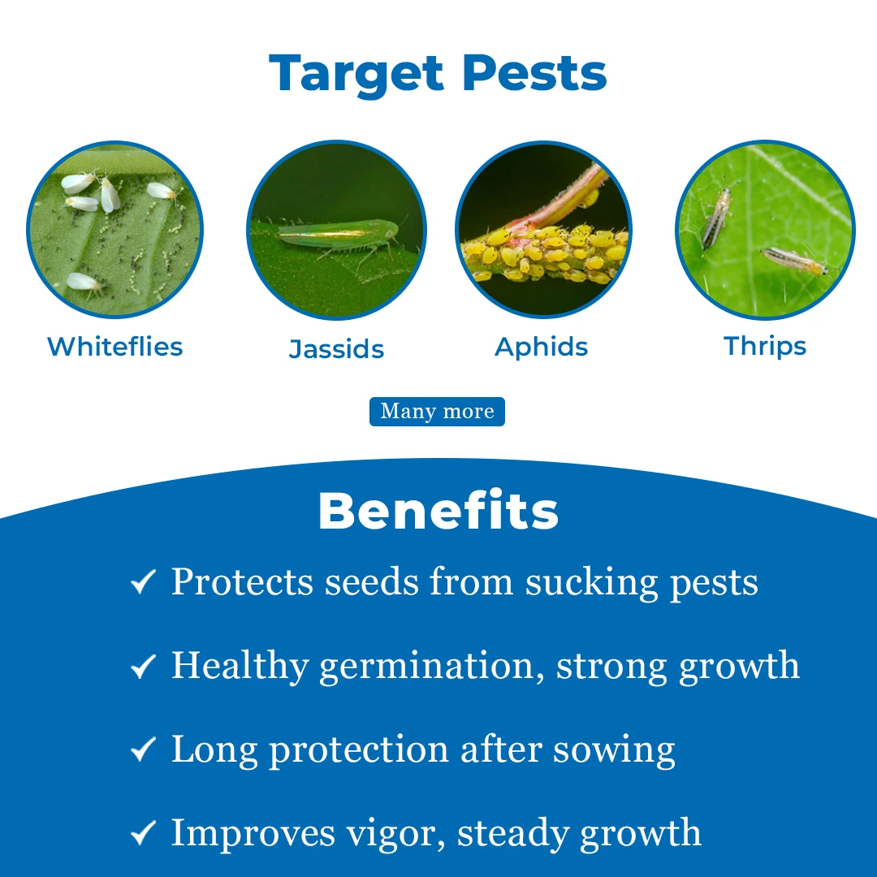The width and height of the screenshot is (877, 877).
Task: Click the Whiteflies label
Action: pos(114,347)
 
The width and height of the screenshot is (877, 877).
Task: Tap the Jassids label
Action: pos(336,349)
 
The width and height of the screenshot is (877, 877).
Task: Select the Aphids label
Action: pos(541,347)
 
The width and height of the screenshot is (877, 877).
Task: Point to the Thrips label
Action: pos(765,347)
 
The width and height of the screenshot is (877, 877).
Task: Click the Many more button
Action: pos(437,412)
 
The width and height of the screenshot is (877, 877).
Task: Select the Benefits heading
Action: pos(438,512)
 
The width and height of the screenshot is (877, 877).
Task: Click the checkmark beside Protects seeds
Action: pos(143,581)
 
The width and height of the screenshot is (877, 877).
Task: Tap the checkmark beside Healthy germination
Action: pos(143,667)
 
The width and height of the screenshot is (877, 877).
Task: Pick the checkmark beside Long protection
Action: pos(143,750)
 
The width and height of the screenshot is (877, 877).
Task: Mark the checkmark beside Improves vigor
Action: pos(143,833)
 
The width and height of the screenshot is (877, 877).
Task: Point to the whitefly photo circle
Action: pos(114,229)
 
